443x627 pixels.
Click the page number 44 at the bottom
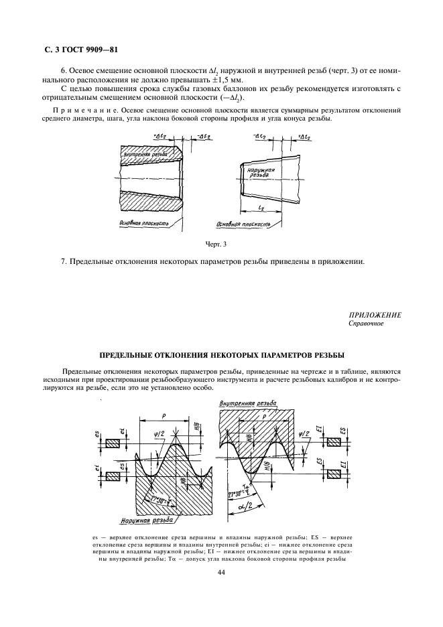(x=221, y=571)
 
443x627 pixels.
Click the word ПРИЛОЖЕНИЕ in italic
(x=375, y=315)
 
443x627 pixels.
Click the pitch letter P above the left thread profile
(x=163, y=415)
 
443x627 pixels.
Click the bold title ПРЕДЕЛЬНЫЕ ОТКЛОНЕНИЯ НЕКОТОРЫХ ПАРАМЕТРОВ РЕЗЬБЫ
(x=221, y=354)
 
